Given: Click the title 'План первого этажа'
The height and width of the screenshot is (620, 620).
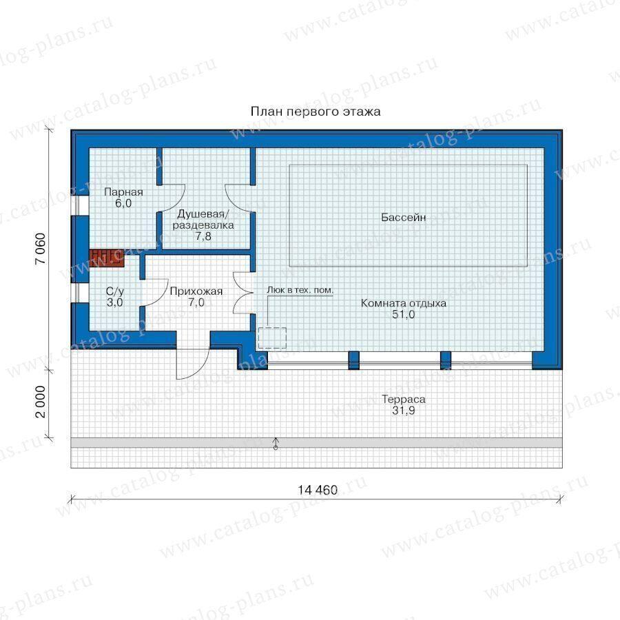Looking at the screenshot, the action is (x=316, y=112).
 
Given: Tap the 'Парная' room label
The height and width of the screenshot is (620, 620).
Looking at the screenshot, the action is (x=123, y=192).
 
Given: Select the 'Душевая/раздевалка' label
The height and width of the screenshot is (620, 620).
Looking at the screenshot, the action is (x=203, y=220).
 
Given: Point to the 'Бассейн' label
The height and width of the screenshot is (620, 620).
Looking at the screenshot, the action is (x=403, y=217).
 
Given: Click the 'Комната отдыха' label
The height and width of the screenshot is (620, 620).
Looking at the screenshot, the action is (x=403, y=303).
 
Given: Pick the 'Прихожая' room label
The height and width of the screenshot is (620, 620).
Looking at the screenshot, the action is (x=196, y=291).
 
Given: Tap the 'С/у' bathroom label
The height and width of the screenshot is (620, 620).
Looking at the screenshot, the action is (x=114, y=291).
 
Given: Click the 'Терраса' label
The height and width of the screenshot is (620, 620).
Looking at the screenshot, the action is (x=403, y=400).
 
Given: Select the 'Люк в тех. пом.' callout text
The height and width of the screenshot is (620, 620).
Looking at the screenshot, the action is (x=300, y=290).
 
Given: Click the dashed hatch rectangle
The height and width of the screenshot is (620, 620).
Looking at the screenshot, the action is (x=272, y=338).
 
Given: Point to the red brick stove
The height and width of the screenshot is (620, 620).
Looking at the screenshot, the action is (x=107, y=258).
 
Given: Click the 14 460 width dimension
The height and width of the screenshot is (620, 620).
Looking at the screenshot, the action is (x=318, y=490).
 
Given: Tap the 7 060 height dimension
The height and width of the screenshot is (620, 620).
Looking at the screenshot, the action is (x=41, y=249).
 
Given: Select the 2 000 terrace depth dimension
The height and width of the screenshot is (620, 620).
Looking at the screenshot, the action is (x=41, y=402).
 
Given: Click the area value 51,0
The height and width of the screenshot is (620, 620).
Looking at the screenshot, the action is (x=403, y=314).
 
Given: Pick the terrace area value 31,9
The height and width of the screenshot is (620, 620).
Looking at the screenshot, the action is (x=403, y=411).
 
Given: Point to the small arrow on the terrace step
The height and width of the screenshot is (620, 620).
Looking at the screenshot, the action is (x=276, y=444).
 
